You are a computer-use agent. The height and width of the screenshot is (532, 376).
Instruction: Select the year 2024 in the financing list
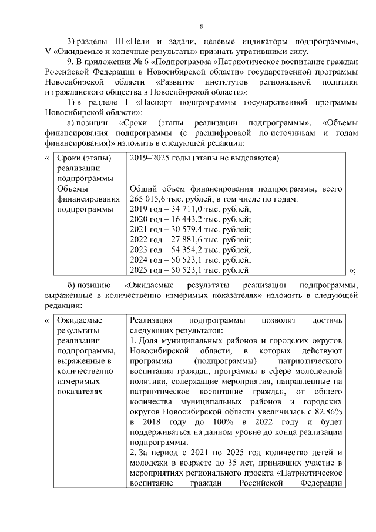pos(139,260)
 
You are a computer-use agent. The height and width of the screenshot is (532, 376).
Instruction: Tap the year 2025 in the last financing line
pos(139,270)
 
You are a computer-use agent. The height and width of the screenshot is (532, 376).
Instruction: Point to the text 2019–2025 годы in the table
pos(158,158)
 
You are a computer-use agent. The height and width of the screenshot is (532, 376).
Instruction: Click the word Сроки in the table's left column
pos(70,158)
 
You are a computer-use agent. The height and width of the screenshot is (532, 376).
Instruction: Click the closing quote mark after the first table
pos(352,270)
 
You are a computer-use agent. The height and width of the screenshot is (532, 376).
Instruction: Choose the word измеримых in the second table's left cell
pos(77,380)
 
